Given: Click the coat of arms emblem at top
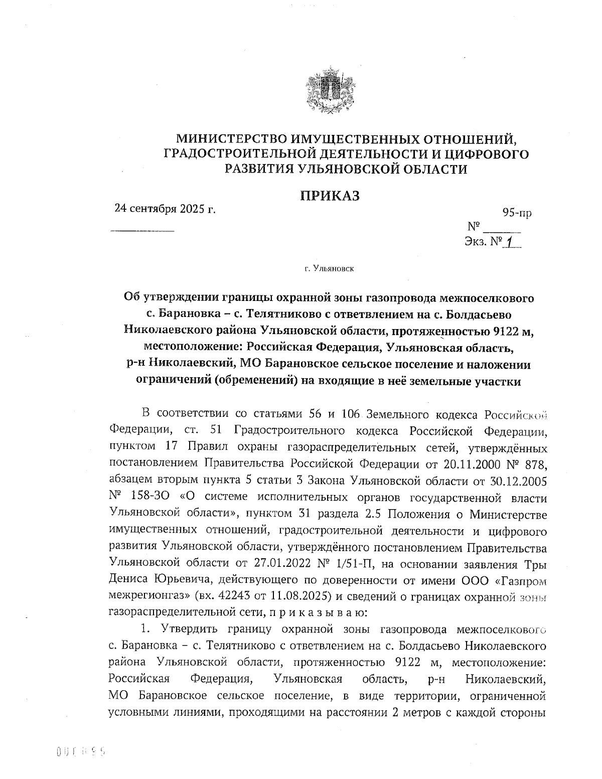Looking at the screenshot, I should (x=330, y=91).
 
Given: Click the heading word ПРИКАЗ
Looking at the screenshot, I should (x=330, y=196).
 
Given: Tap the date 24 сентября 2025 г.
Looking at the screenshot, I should (x=165, y=208).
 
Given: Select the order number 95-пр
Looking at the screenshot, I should (x=517, y=213).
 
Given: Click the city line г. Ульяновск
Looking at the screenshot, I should (x=329, y=269).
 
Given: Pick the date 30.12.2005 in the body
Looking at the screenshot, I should (x=519, y=481).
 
